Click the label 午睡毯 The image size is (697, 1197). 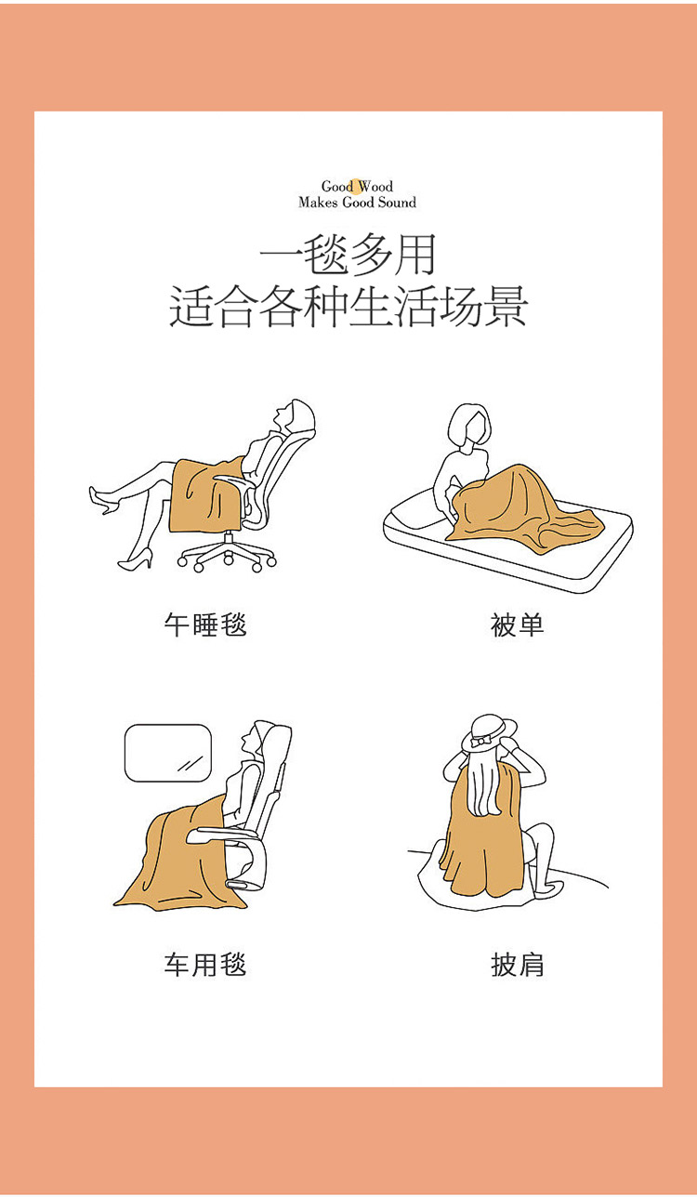click(x=205, y=625)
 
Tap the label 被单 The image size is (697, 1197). click(x=517, y=625)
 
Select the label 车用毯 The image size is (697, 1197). click(x=205, y=964)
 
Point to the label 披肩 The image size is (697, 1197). click(x=517, y=964)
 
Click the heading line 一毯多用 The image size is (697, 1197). click(x=348, y=255)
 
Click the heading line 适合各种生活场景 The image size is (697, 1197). click(x=348, y=306)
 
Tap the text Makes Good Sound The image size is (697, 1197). click(x=357, y=202)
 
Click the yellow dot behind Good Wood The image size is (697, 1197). click(x=357, y=185)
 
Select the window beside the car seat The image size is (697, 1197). click(x=168, y=753)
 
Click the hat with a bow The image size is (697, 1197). click(x=489, y=733)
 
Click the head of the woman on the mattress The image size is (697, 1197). click(x=469, y=426)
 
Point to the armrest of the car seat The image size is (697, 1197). click(x=225, y=833)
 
